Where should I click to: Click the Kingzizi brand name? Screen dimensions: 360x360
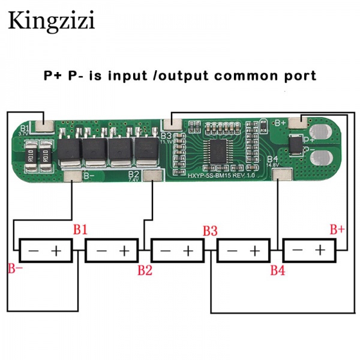[51, 21]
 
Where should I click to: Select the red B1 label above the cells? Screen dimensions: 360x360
[81, 230]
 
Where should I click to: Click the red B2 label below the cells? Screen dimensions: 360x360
[145, 270]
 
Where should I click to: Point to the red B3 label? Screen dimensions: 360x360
[209, 230]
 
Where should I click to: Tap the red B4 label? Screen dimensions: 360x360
[277, 270]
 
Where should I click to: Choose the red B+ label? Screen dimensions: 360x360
[337, 229]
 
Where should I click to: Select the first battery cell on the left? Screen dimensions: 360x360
[46, 250]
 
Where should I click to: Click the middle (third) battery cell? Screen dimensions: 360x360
[177, 250]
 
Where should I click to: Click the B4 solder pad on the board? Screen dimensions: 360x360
[280, 174]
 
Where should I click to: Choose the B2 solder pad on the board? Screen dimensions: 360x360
[154, 176]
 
